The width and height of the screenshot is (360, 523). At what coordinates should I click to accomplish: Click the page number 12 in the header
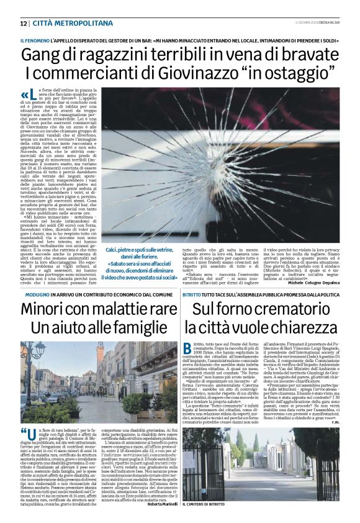23,23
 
